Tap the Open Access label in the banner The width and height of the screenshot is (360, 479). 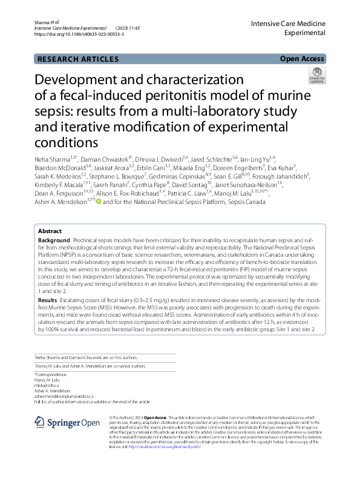(x=302, y=59)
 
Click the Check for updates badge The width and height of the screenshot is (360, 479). (x=316, y=76)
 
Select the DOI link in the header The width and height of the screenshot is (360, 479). (x=79, y=35)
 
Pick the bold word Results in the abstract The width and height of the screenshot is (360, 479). (x=48, y=300)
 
